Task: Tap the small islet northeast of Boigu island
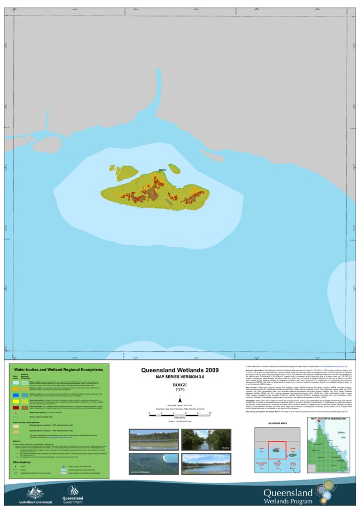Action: [x=174, y=167]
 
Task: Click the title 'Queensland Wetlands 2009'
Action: [x=179, y=370]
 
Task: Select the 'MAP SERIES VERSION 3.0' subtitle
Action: [x=179, y=377]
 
